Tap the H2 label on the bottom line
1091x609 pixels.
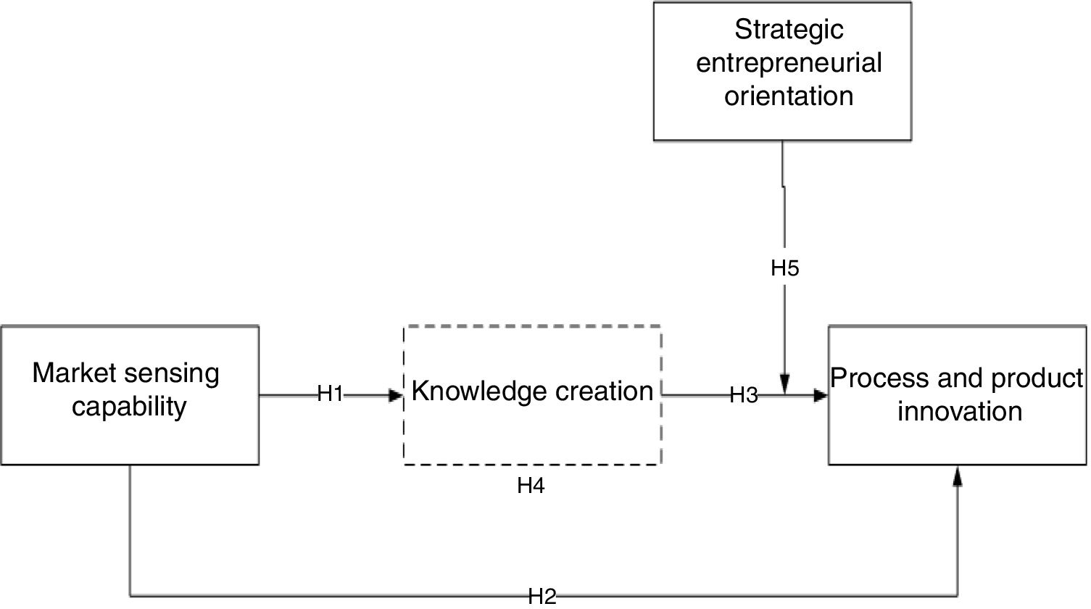coord(542,597)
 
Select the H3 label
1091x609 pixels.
coord(743,395)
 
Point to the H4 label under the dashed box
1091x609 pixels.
coord(531,486)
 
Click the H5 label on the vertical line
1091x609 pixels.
coord(784,268)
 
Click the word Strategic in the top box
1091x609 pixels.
coord(789,30)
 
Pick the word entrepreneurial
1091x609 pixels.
coord(789,62)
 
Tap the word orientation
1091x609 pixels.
coord(789,96)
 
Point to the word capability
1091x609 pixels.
coord(129,406)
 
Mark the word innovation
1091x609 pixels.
coord(959,411)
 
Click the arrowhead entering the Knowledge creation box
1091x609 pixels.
coord(396,395)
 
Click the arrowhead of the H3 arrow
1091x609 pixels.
coord(821,396)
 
